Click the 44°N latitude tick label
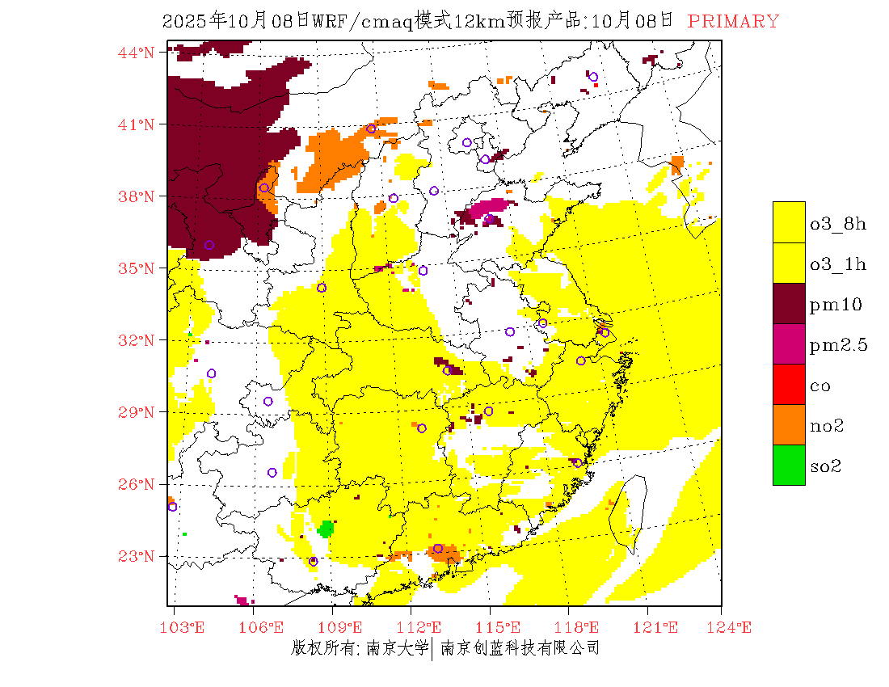pyautogui.click(x=136, y=53)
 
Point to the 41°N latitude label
pyautogui.click(x=136, y=124)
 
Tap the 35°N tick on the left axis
pyautogui.click(x=136, y=268)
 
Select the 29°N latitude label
pyautogui.click(x=136, y=412)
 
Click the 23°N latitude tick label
pyautogui.click(x=136, y=556)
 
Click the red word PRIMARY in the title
pyautogui.click(x=733, y=22)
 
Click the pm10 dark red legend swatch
pyautogui.click(x=789, y=303)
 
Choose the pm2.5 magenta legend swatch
pyautogui.click(x=789, y=343)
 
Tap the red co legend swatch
pyautogui.click(x=789, y=384)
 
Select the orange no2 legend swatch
pyautogui.click(x=789, y=424)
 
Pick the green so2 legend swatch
pyautogui.click(x=789, y=465)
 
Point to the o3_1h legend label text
pyautogui.click(x=838, y=265)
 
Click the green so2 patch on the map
pyautogui.click(x=327, y=529)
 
